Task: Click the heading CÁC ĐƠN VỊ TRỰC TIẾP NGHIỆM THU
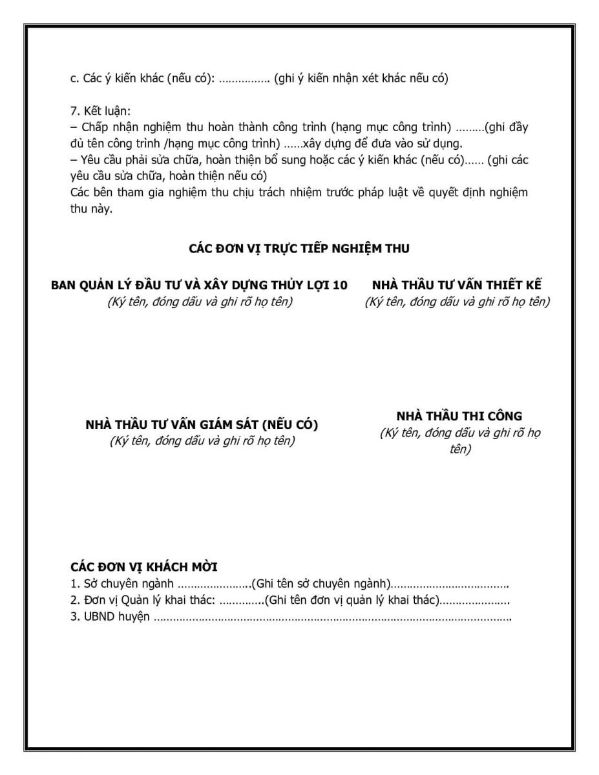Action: [x=299, y=248]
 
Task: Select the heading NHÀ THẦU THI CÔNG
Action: [x=459, y=416]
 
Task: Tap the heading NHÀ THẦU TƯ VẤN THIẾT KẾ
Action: [x=457, y=285]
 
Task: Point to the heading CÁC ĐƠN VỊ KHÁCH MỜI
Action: [x=143, y=567]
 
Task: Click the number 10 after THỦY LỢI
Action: [x=341, y=285]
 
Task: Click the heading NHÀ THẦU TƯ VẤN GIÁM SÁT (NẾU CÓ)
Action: [x=202, y=425]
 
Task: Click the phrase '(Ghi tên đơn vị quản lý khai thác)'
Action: [x=352, y=601]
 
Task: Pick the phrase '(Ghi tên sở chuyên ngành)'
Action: [x=321, y=584]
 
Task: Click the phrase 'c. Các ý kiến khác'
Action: [x=121, y=79]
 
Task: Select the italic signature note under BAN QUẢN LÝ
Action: [x=200, y=302]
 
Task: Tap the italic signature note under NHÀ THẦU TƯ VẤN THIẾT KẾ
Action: [x=457, y=302]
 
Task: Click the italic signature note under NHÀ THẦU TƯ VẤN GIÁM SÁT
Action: [x=202, y=441]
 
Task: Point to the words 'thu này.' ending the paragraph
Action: [x=91, y=208]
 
